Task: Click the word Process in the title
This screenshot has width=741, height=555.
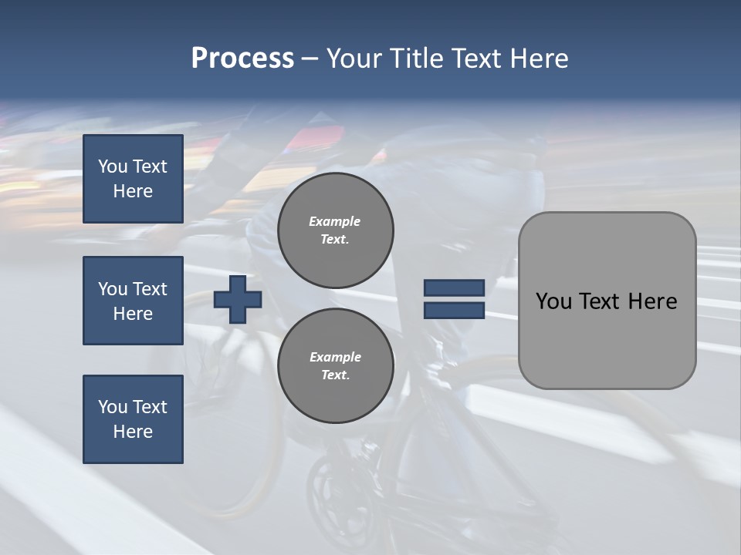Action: click(x=242, y=59)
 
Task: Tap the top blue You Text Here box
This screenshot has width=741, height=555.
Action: click(x=133, y=179)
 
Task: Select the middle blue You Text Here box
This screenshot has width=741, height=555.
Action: click(x=133, y=301)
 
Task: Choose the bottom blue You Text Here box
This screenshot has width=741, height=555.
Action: click(x=133, y=419)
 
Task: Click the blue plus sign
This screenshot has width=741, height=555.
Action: click(x=238, y=298)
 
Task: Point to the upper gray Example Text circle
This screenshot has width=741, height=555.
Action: click(x=336, y=230)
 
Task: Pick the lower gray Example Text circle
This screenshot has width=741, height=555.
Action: click(x=336, y=366)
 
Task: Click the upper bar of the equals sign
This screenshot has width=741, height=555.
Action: click(x=454, y=288)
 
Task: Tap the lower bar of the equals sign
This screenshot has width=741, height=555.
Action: click(x=454, y=310)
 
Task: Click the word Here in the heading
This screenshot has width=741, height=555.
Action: click(x=540, y=59)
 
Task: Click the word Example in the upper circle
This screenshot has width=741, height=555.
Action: click(x=335, y=222)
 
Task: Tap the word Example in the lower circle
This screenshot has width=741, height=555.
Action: click(x=335, y=358)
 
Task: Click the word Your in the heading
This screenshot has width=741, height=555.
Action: click(x=352, y=59)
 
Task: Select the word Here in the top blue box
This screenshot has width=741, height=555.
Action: click(x=133, y=191)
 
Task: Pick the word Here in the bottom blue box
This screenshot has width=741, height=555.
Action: click(x=133, y=432)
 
